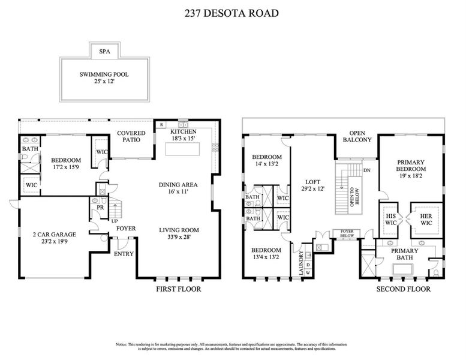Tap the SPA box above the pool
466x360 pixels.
coord(104,52)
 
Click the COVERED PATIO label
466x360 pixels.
coord(128,136)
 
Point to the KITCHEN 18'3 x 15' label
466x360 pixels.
coord(184,134)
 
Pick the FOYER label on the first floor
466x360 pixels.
coord(125,228)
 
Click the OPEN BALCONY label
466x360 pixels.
coord(357,136)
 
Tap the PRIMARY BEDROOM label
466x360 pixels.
coord(410,169)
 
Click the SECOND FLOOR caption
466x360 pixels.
coord(403,289)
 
